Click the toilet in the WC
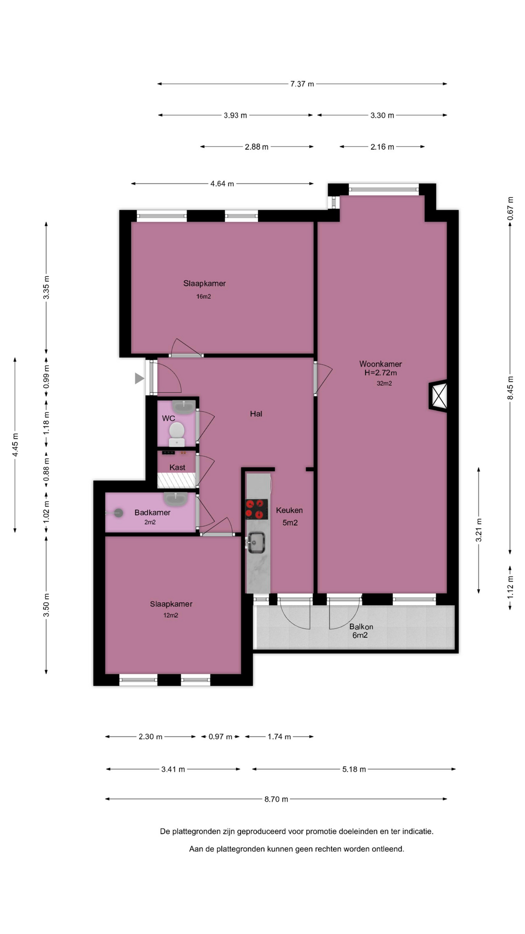(176, 433)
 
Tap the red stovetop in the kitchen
(257, 509)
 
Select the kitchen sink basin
(256, 542)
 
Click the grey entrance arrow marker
(140, 378)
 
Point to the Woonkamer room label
(381, 364)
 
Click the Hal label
(256, 414)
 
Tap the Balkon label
(361, 627)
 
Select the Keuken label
(289, 510)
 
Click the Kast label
(177, 467)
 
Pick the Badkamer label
(153, 513)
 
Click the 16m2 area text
(204, 297)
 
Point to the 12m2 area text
(171, 615)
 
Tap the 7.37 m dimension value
(302, 84)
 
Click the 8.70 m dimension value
(276, 799)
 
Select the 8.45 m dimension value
(510, 388)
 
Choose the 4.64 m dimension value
(222, 184)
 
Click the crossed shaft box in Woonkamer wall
(439, 395)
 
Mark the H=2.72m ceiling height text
(381, 373)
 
